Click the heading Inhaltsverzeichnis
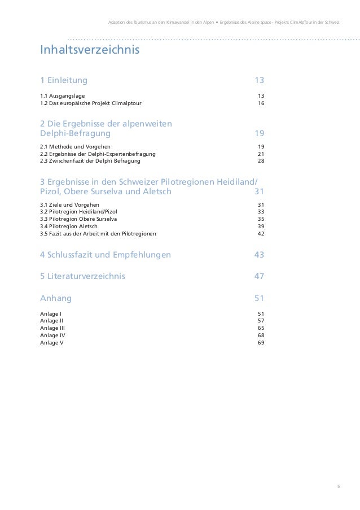click(89, 51)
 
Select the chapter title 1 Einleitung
click(64, 80)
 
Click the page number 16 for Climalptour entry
click(260, 103)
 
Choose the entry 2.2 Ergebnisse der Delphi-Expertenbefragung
click(98, 154)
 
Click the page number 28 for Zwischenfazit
click(260, 161)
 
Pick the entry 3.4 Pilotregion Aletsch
click(69, 226)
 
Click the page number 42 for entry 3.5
click(260, 233)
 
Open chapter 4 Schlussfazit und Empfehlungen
click(106, 255)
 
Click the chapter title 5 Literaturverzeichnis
click(83, 277)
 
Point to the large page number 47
click(259, 277)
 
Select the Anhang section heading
click(56, 298)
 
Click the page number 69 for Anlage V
click(260, 342)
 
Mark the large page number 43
click(259, 255)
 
